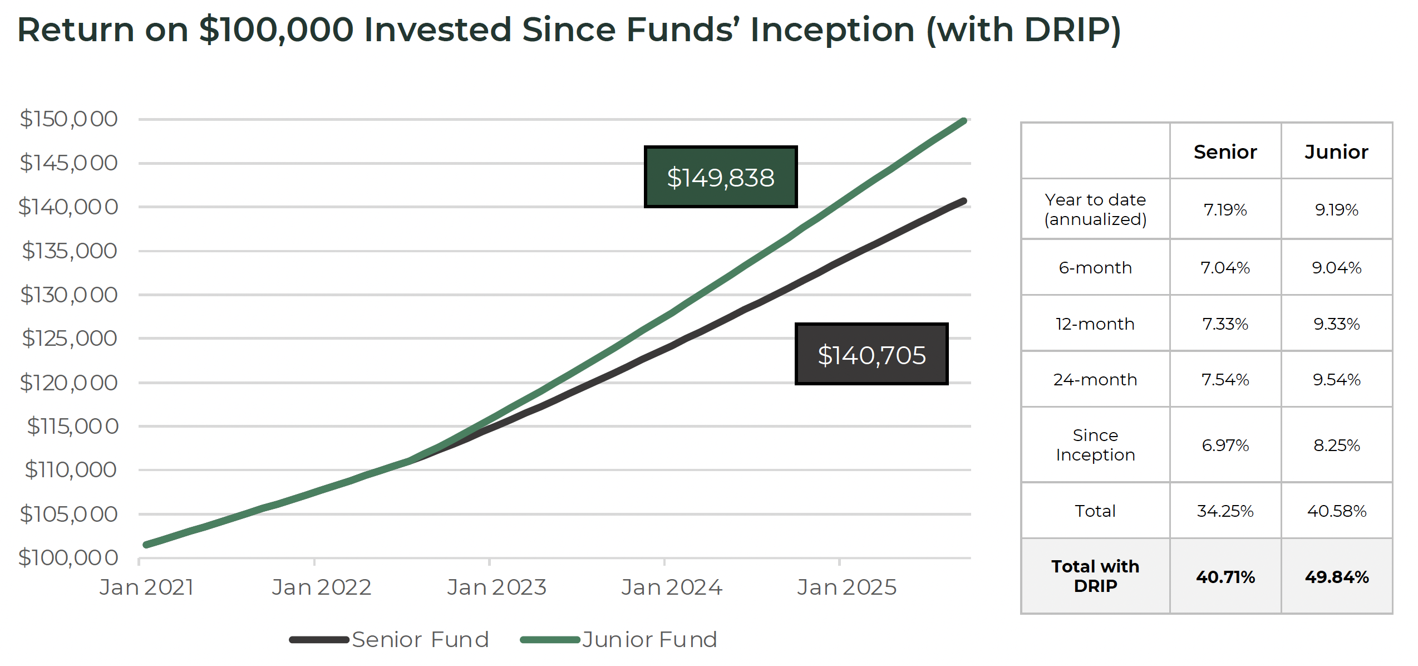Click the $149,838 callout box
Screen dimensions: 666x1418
pyautogui.click(x=720, y=177)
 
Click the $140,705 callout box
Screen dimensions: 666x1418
pyautogui.click(x=871, y=354)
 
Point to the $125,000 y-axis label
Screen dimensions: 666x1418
pyautogui.click(x=69, y=338)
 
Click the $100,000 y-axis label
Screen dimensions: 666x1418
pyautogui.click(x=68, y=557)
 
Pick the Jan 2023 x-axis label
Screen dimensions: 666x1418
pyautogui.click(x=496, y=587)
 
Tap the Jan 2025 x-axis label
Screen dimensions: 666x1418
pyautogui.click(x=846, y=587)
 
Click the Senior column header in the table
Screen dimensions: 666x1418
pyautogui.click(x=1225, y=151)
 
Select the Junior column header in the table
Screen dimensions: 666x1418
pyautogui.click(x=1336, y=151)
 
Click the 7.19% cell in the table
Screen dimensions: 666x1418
pyautogui.click(x=1225, y=209)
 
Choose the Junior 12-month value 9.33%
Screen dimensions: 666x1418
pyautogui.click(x=1336, y=324)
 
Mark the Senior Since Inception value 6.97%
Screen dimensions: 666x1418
pyautogui.click(x=1225, y=445)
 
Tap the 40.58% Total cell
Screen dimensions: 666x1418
pyautogui.click(x=1336, y=511)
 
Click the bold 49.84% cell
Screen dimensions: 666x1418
pyautogui.click(x=1336, y=576)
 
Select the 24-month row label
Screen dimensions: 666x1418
pyautogui.click(x=1095, y=379)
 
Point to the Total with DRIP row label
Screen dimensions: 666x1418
pyautogui.click(x=1095, y=576)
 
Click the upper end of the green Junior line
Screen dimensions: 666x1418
pyautogui.click(x=963, y=121)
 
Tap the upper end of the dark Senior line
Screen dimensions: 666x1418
pyautogui.click(x=963, y=201)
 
